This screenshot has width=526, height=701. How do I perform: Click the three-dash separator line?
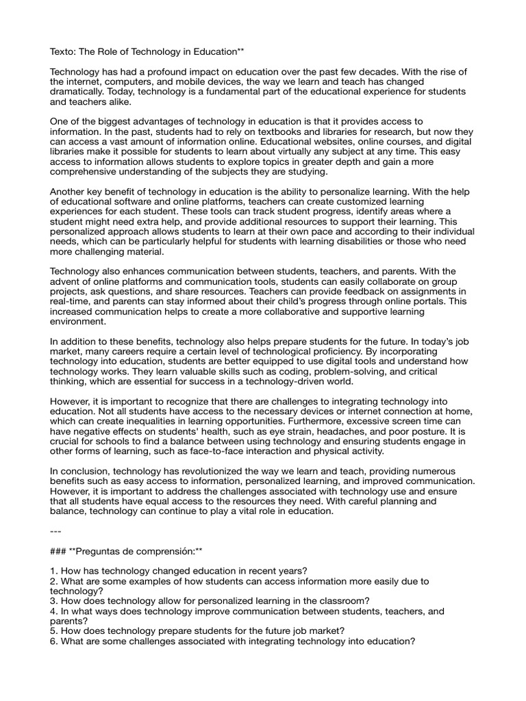[57, 531]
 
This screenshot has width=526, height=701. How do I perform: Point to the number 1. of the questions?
[55, 571]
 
